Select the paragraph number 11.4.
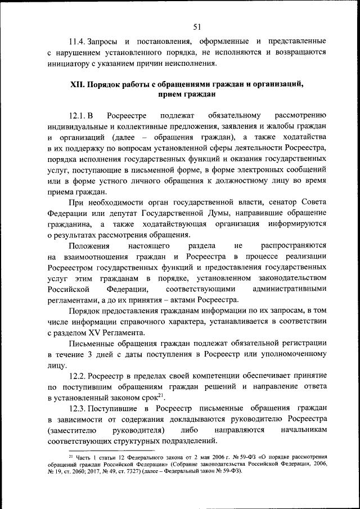(77, 42)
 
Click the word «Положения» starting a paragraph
(88, 245)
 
